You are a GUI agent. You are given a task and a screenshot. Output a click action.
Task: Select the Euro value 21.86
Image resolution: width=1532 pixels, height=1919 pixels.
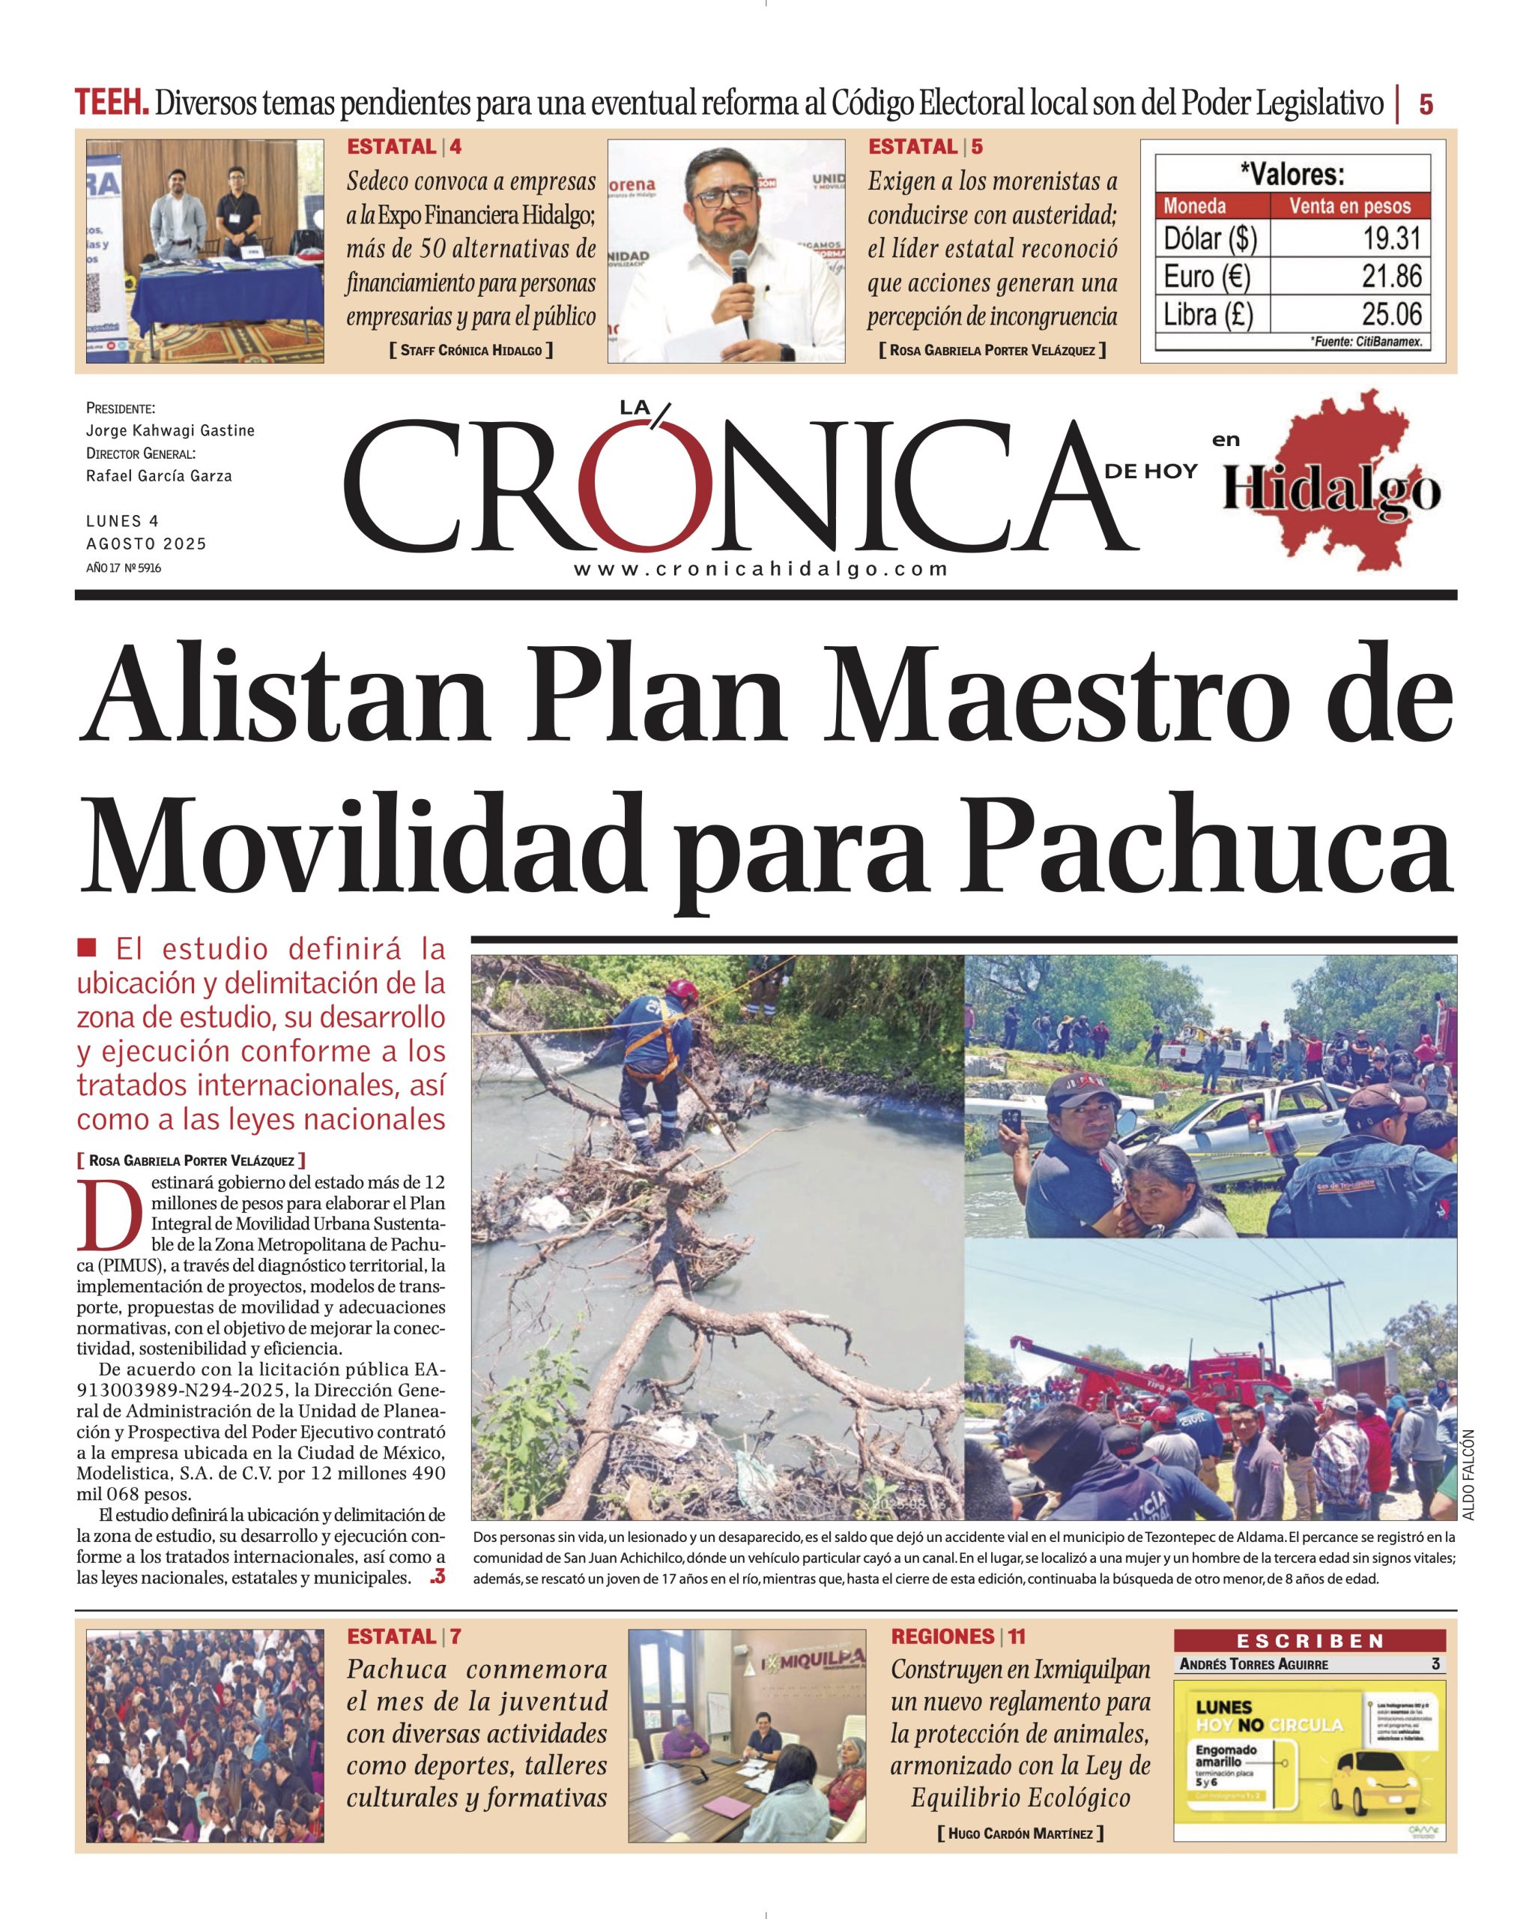pyautogui.click(x=1393, y=276)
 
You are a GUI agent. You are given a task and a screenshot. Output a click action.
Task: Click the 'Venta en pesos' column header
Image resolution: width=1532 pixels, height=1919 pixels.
pyautogui.click(x=1350, y=206)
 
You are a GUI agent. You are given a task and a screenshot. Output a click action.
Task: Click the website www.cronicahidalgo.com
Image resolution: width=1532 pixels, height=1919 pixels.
pyautogui.click(x=760, y=570)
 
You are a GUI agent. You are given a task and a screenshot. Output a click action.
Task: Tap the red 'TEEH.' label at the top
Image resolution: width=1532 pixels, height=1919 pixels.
pyautogui.click(x=111, y=104)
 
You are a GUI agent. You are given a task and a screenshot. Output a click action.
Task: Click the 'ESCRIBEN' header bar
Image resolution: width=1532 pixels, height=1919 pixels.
pyautogui.click(x=1310, y=1640)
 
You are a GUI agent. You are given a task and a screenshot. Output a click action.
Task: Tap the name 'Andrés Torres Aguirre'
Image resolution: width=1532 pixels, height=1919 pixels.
pyautogui.click(x=1253, y=1664)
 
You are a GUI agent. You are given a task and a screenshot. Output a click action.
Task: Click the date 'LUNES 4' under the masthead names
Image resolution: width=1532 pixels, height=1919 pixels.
pyautogui.click(x=123, y=521)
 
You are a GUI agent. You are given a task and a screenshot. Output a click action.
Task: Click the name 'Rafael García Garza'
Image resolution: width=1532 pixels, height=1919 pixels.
pyautogui.click(x=158, y=476)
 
